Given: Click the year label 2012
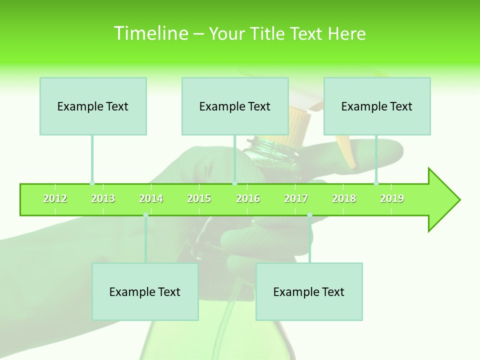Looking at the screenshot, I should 55,199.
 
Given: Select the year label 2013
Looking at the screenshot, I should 103,199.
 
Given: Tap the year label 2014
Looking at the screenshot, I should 151,199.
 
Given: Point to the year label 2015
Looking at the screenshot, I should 199,199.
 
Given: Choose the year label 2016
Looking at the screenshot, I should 248,199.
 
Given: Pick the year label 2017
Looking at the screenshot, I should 296,199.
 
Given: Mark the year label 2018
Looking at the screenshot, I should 344,199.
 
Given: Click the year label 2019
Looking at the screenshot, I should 392,199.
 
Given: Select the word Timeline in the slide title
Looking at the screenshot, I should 150,33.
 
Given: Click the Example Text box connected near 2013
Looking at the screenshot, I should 93,106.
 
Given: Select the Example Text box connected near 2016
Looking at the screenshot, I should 235,106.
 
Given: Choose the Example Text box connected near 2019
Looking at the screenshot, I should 377,106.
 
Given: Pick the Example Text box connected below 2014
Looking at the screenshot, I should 145,291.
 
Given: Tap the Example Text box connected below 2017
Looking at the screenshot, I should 309,291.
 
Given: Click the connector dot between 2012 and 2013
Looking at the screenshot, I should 92,183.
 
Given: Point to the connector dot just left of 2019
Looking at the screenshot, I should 376,183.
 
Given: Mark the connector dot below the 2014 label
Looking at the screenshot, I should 145,215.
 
